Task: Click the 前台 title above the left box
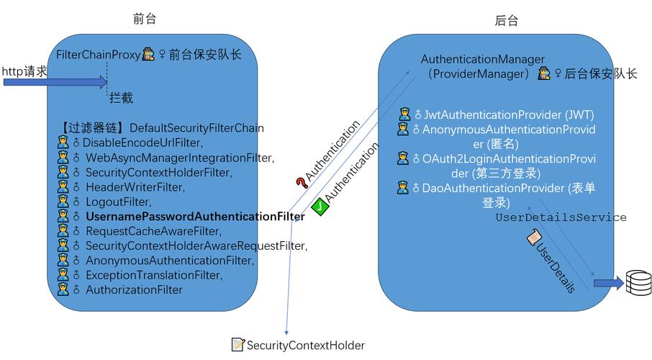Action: click(x=145, y=19)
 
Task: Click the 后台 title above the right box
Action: click(x=506, y=22)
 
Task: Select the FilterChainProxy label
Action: click(x=98, y=54)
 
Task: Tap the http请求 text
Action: click(x=24, y=71)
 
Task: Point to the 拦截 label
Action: click(x=121, y=98)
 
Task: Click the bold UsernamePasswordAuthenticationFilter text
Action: click(x=194, y=217)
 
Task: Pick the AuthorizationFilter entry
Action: click(x=134, y=290)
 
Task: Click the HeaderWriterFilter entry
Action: click(x=135, y=187)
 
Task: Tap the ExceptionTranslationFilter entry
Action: click(x=153, y=276)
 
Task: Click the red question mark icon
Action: click(x=300, y=184)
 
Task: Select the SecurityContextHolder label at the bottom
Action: click(x=305, y=346)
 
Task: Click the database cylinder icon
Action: click(x=638, y=283)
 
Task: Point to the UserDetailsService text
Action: click(x=561, y=217)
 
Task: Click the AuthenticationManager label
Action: click(x=482, y=60)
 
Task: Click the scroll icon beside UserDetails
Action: click(x=534, y=236)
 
